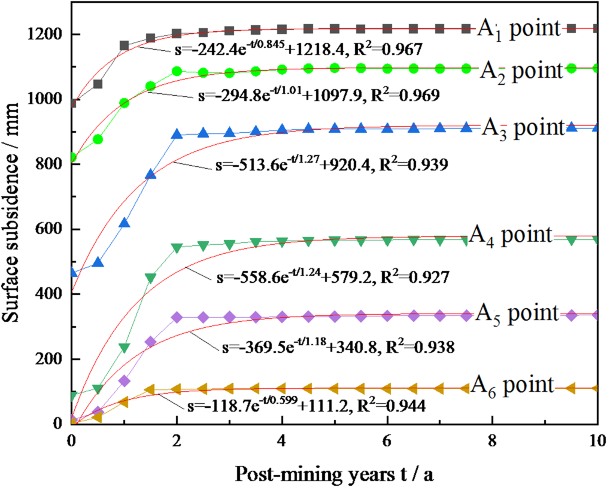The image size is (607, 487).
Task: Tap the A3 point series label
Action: [x=522, y=127]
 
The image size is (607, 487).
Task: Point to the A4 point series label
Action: [x=509, y=235]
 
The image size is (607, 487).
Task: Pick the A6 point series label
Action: [x=512, y=385]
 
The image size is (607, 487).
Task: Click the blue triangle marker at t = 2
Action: [x=177, y=134]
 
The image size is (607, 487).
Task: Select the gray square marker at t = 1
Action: [x=125, y=45]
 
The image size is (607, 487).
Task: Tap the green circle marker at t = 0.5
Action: [x=98, y=139]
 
